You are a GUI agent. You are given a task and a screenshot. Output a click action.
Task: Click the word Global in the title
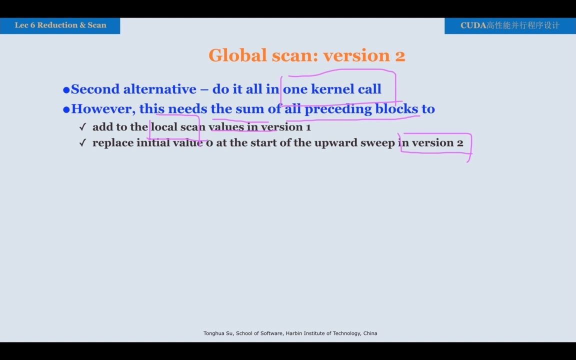[237, 55]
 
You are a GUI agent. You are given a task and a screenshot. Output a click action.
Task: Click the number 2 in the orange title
[400, 56]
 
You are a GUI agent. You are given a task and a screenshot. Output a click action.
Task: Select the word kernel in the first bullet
[329, 89]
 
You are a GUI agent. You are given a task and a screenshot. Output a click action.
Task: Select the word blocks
[396, 108]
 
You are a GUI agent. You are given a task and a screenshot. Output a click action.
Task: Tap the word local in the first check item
[164, 126]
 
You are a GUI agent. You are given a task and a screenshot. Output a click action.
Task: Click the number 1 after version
[308, 127]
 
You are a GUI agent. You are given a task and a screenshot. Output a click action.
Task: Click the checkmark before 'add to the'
[82, 127]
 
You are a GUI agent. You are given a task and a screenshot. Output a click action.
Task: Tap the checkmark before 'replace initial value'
[82, 143]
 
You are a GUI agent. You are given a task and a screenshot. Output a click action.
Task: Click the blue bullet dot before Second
[66, 89]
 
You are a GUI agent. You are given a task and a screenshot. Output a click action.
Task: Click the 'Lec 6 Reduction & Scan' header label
[60, 25]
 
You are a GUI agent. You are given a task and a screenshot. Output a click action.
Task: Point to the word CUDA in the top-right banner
[473, 25]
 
